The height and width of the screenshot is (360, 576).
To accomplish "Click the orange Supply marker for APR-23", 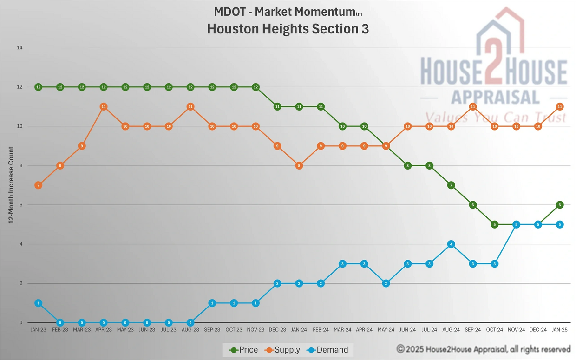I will [x=104, y=107].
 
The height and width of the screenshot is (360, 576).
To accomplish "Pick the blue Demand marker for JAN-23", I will [x=39, y=303].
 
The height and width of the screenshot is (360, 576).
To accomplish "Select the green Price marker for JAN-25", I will [x=560, y=205].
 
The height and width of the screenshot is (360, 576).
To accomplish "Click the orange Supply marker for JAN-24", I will [x=299, y=165].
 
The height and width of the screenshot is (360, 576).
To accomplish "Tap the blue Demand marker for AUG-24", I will [x=451, y=244].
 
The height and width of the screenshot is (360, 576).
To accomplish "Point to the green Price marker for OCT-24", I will [x=495, y=224].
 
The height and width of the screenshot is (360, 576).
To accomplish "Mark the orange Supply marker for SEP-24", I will [x=473, y=107].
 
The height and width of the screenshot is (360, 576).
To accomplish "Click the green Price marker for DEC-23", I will [x=277, y=107].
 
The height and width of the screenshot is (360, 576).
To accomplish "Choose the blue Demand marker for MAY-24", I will [x=386, y=283].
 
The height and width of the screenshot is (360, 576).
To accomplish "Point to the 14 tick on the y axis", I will [x=20, y=48].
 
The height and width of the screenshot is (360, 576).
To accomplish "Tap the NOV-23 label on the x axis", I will [x=255, y=330].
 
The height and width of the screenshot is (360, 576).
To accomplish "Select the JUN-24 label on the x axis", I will [x=407, y=330].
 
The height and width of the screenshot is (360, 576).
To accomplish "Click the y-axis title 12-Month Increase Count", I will [x=11, y=185].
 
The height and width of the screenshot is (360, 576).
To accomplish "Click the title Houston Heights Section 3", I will [x=288, y=28].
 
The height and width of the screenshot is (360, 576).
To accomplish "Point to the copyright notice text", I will [x=483, y=349].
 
